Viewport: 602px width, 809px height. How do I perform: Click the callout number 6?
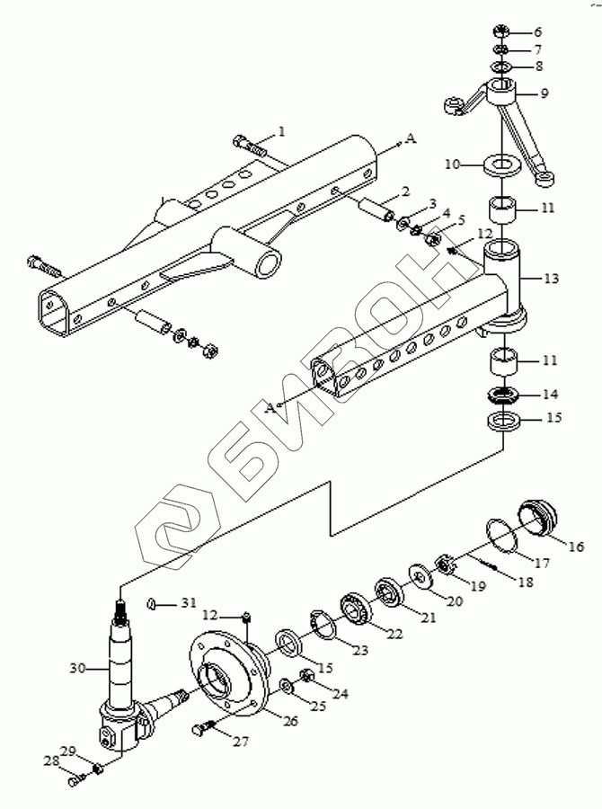(x=537, y=32)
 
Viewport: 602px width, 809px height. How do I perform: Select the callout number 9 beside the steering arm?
(x=544, y=93)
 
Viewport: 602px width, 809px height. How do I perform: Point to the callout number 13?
(x=551, y=279)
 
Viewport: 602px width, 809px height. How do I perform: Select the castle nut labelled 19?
(x=445, y=565)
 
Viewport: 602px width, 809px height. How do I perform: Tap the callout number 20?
(x=455, y=600)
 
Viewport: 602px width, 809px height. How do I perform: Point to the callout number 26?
(x=290, y=720)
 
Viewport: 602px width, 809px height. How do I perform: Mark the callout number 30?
(x=78, y=669)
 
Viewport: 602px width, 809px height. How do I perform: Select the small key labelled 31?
(x=152, y=603)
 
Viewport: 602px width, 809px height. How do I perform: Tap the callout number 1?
(x=281, y=132)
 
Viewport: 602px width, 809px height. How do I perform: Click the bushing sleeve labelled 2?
(x=376, y=209)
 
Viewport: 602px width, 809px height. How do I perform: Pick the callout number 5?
(x=461, y=220)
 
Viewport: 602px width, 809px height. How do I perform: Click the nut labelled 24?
(x=305, y=675)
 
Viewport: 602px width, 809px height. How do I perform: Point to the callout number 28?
(x=50, y=761)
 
